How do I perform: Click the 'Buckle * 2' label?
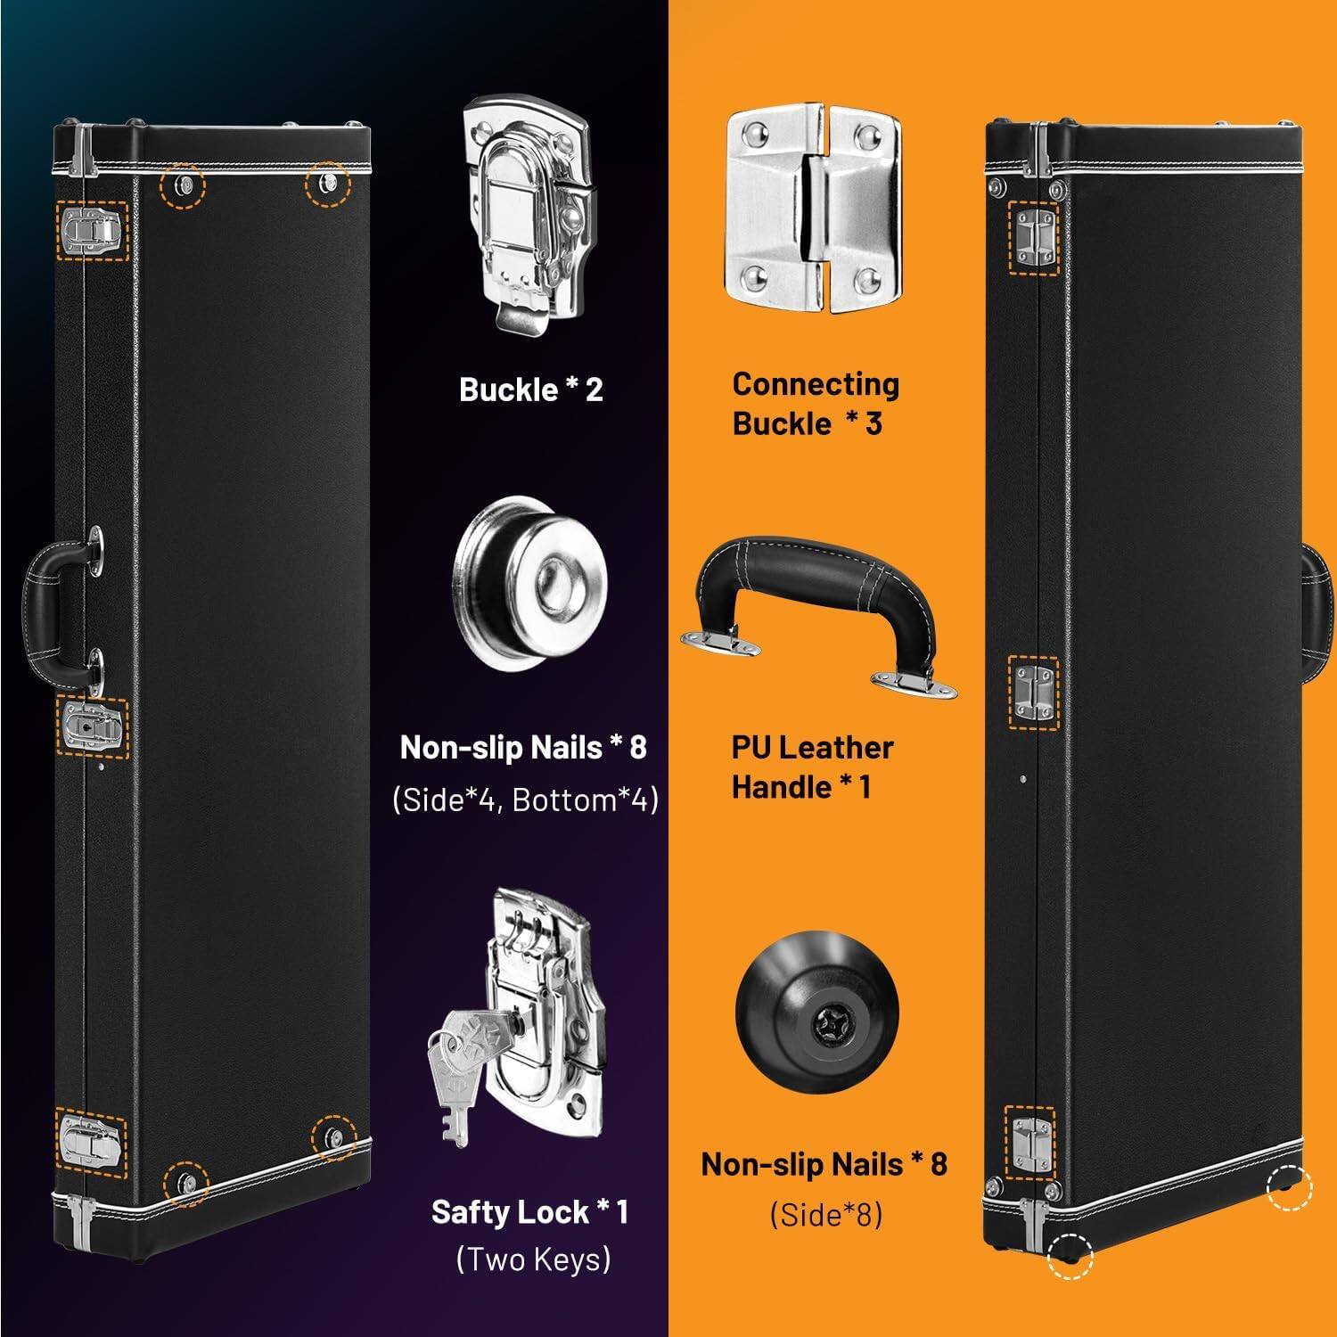pos(530,390)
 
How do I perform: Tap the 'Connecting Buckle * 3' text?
pos(815,404)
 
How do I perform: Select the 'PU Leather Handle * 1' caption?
pos(811,767)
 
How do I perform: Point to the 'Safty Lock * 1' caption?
pos(529,1212)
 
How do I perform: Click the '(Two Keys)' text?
pos(533,1259)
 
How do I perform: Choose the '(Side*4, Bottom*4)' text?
pos(525,800)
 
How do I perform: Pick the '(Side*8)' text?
pos(825,1214)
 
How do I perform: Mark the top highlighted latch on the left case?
pos(92,231)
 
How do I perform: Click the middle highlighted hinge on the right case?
pos(1033,693)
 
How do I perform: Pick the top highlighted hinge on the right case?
pos(1033,237)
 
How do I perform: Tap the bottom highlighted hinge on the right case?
pos(1029,1142)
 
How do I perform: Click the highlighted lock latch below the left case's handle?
pos(92,727)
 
